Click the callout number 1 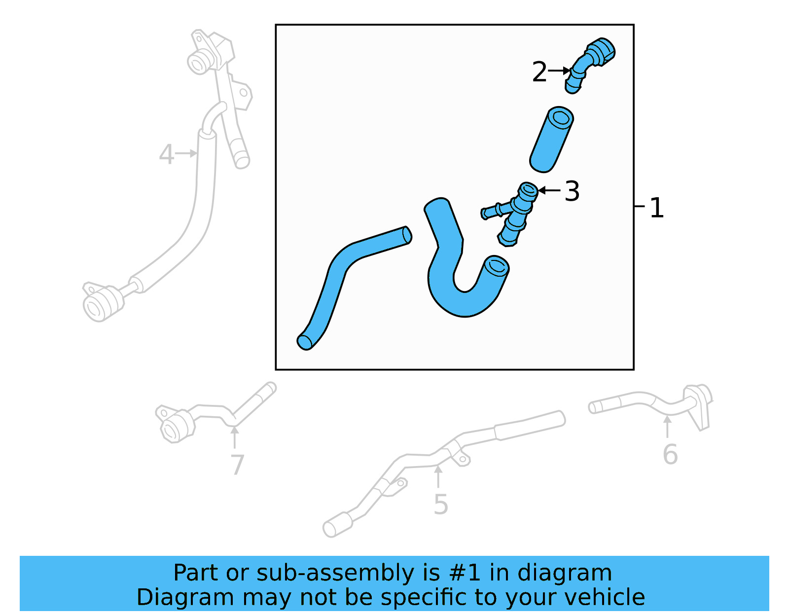[656, 208]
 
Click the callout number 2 [539, 72]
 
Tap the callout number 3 [572, 191]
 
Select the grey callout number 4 [166, 154]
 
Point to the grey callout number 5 [440, 505]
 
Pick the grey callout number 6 [670, 454]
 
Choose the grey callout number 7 [237, 465]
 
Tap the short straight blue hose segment [551, 140]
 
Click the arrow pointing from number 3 [549, 190]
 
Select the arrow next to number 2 [559, 71]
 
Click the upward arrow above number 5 [438, 476]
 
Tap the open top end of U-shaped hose [496, 266]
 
